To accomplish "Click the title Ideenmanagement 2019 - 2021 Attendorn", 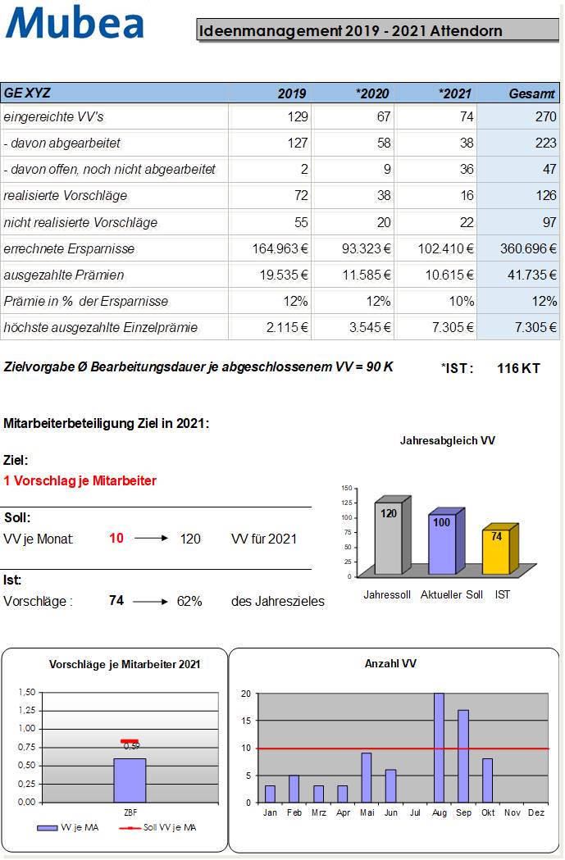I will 350,31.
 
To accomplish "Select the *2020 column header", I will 372,93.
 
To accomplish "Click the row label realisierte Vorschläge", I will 66,196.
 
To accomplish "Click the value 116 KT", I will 518,368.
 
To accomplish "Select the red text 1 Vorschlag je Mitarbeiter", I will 80,480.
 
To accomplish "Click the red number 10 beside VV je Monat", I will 116,539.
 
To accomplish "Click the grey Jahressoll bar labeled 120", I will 388,541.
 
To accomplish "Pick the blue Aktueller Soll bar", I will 441,545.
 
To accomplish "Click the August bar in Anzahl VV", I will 439,748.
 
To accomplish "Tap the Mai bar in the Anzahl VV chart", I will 367,777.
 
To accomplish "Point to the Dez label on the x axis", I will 536,812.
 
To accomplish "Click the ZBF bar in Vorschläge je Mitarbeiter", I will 130,780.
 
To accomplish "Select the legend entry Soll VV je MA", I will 163,827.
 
